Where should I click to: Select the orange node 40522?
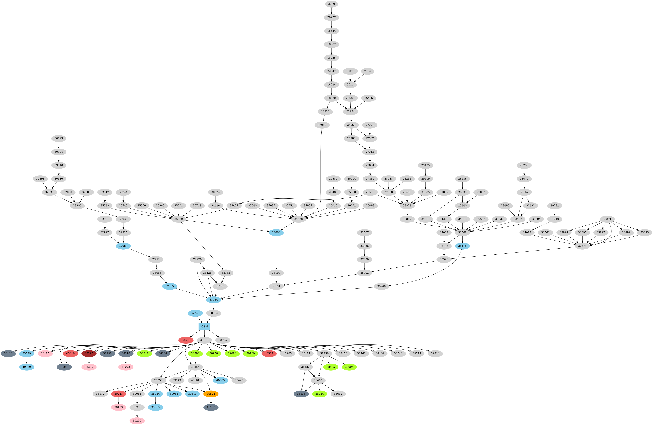click(x=211, y=394)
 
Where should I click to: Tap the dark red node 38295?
click(x=89, y=353)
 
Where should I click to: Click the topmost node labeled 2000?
click(x=331, y=4)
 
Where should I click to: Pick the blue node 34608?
click(x=276, y=232)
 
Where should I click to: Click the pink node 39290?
click(x=137, y=421)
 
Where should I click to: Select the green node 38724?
click(x=319, y=394)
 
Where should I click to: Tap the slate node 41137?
click(x=211, y=407)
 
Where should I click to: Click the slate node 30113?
click(x=8, y=353)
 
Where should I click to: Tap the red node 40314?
click(x=269, y=353)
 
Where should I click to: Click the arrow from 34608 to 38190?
click(x=276, y=253)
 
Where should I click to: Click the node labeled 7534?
click(x=367, y=71)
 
